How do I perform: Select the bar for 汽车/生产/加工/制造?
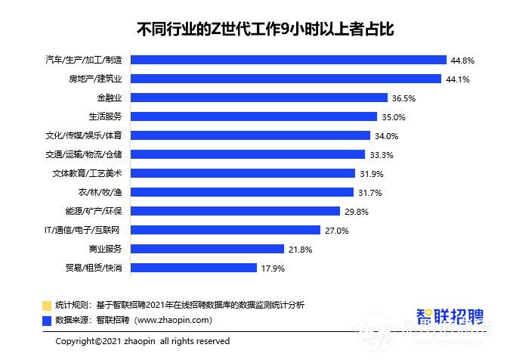(x=288, y=60)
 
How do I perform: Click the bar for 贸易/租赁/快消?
(x=193, y=268)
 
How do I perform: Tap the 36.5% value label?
(x=404, y=98)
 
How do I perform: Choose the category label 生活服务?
(x=105, y=116)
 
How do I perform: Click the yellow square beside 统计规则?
(x=47, y=306)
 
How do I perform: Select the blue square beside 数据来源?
(x=47, y=320)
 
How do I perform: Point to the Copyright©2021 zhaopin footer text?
(x=143, y=342)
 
